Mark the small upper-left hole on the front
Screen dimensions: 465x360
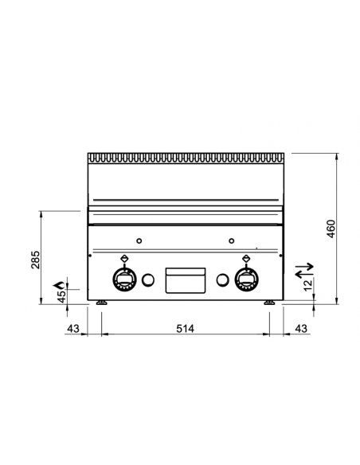tap(139, 241)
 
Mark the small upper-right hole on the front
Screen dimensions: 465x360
tap(231, 241)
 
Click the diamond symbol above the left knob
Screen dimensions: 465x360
tap(125, 257)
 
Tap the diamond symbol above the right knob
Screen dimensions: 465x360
tap(245, 257)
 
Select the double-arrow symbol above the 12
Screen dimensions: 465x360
tap(306, 271)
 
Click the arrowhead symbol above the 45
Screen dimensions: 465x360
tap(57, 283)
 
